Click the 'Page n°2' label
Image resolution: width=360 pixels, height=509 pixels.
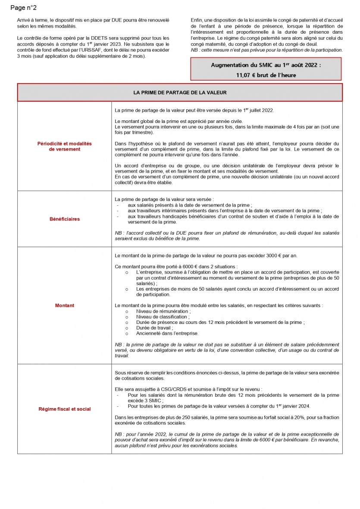pos(23,8)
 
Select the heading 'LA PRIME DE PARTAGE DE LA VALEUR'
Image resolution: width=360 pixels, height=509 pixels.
pos(180,93)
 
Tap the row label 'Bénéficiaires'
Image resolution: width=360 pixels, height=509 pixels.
pos(65,219)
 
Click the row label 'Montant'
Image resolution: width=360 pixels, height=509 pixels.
pos(65,305)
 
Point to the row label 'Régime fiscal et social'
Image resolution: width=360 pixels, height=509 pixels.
pos(65,409)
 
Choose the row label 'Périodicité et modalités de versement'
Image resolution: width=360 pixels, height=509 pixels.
pos(65,146)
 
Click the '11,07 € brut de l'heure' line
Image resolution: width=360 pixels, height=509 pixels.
pos(266,75)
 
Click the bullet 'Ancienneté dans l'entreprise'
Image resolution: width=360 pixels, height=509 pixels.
pos(167,333)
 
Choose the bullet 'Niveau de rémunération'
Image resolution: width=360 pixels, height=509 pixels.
pos(163,311)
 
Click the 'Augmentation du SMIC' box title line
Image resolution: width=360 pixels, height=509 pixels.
pos(266,65)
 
